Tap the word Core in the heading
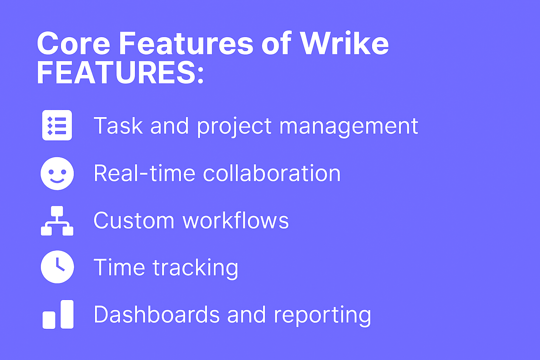[73, 44]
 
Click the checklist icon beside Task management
[57, 125]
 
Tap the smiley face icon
[57, 173]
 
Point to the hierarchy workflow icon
[57, 221]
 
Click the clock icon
[57, 267]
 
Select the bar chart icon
[58, 314]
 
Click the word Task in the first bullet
[118, 126]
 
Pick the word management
[348, 126]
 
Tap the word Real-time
[144, 173]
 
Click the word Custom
[134, 221]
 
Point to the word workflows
[236, 220]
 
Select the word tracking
[195, 268]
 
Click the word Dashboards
[156, 314]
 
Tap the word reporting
[322, 315]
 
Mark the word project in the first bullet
[234, 126]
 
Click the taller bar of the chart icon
[67, 314]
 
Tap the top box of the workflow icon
[57, 211]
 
